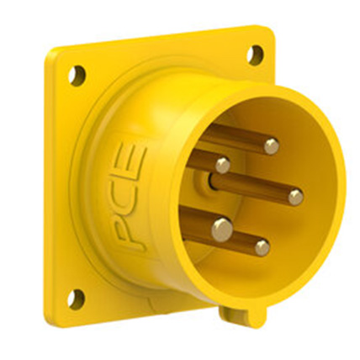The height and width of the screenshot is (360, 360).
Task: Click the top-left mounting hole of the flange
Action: [77, 75]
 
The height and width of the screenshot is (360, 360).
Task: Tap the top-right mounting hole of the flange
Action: [255, 55]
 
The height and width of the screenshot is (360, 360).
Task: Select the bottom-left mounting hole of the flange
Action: [76, 297]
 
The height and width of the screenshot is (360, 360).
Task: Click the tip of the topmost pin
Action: [271, 146]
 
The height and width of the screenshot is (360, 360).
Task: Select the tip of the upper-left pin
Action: [222, 165]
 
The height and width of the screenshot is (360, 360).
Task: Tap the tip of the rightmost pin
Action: [295, 197]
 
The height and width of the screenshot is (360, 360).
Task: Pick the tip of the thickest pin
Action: [222, 228]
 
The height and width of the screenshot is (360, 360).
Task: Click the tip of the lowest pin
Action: [262, 248]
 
